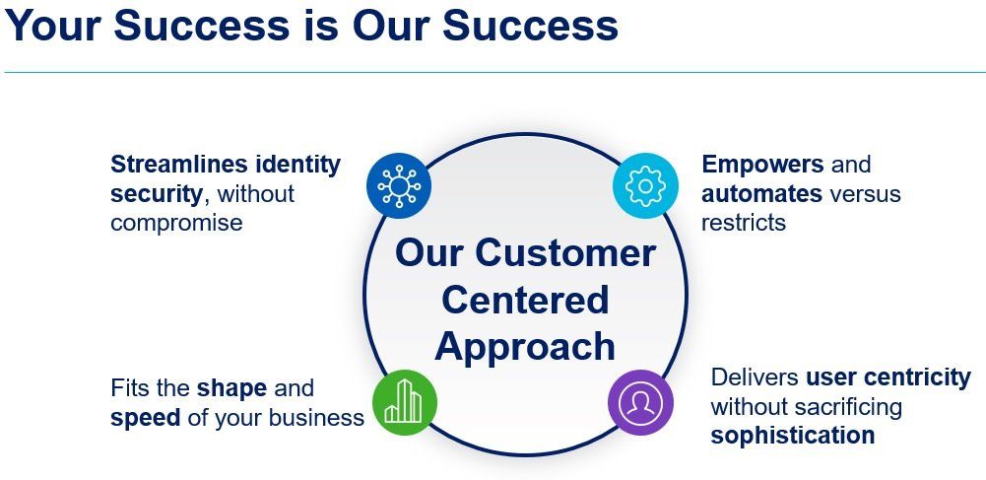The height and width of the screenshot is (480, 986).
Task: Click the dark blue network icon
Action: tap(399, 185)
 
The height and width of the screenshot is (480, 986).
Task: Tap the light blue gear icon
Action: tap(645, 185)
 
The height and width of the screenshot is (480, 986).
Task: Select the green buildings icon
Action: tap(404, 402)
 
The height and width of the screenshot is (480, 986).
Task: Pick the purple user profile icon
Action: tap(641, 402)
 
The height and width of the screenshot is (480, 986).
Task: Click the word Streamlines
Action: tap(179, 165)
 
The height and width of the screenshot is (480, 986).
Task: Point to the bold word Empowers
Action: tap(762, 165)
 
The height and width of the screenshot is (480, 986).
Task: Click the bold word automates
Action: tap(761, 194)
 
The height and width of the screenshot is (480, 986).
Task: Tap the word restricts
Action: tap(744, 223)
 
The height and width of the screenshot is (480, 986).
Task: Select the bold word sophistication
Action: tap(792, 436)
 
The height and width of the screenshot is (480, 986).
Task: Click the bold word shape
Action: tap(231, 388)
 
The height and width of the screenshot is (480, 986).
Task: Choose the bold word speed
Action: tap(145, 418)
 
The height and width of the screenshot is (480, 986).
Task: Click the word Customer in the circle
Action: tap(565, 253)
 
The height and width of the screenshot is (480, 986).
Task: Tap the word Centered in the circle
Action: tap(525, 300)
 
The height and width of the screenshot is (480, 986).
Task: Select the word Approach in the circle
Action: tap(525, 347)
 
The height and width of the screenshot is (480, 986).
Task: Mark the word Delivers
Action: tap(755, 377)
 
